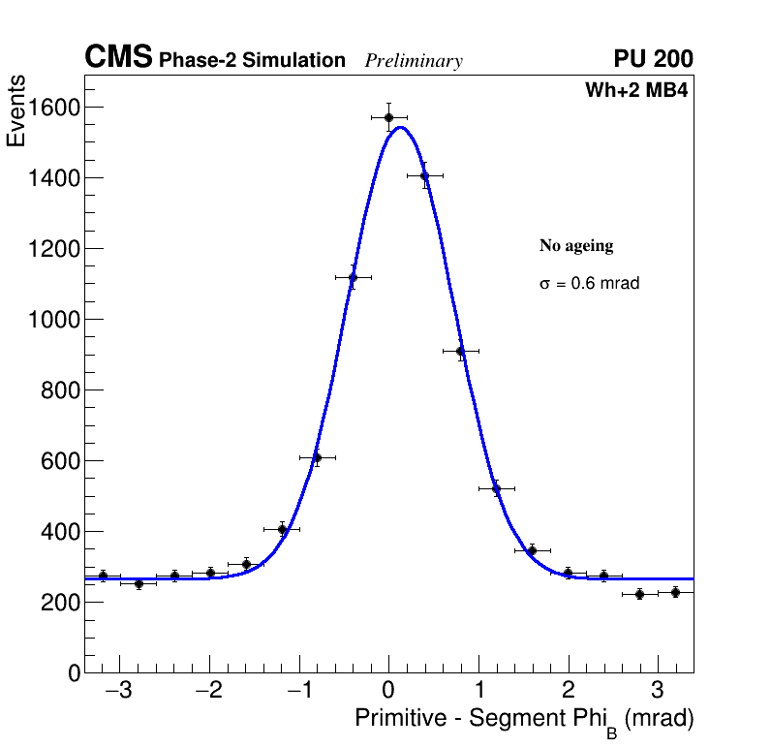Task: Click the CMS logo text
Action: click(x=118, y=58)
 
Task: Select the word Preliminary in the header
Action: click(x=414, y=61)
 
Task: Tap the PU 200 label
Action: click(x=653, y=59)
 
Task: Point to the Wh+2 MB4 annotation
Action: click(x=636, y=91)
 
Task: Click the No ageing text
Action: click(x=576, y=246)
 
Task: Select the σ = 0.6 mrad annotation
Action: click(x=589, y=284)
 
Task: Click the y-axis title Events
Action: click(x=16, y=112)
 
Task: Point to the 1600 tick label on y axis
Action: click(x=52, y=108)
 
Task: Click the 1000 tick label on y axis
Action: click(x=52, y=320)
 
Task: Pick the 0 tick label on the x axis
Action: click(x=388, y=692)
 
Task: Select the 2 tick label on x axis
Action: click(x=568, y=692)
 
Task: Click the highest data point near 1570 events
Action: click(x=388, y=117)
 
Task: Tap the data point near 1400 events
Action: click(x=424, y=176)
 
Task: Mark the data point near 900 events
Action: click(x=460, y=351)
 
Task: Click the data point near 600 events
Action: click(x=317, y=457)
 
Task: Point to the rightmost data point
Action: click(x=675, y=592)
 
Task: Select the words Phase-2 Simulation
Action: click(x=252, y=61)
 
